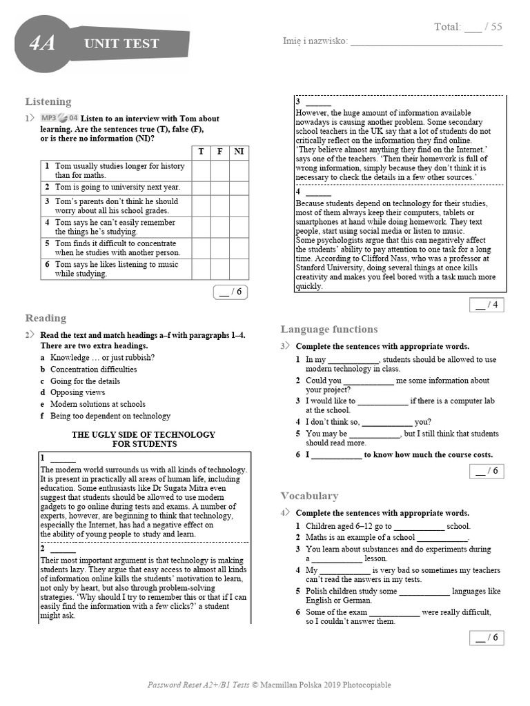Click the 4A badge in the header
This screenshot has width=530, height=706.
tap(43, 43)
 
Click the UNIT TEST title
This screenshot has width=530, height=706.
tap(121, 43)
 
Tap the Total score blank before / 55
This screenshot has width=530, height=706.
tap(473, 28)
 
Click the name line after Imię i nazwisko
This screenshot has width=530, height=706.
tap(426, 41)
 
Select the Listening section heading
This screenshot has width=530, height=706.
tap(48, 101)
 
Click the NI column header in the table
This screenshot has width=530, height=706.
tap(239, 152)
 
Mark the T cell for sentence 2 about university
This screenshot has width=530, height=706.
tap(201, 188)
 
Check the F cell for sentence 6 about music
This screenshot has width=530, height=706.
tap(219, 269)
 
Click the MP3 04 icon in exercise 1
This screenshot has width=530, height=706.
tap(60, 119)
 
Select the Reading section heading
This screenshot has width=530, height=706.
tap(46, 318)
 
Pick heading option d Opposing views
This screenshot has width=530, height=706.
tap(77, 392)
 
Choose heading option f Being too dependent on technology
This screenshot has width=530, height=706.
tap(110, 416)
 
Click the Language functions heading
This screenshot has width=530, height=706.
tap(329, 329)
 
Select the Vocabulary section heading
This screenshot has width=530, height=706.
tap(309, 496)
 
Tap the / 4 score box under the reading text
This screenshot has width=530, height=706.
tap(487, 305)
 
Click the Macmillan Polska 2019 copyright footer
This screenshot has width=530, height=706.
tap(269, 685)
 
